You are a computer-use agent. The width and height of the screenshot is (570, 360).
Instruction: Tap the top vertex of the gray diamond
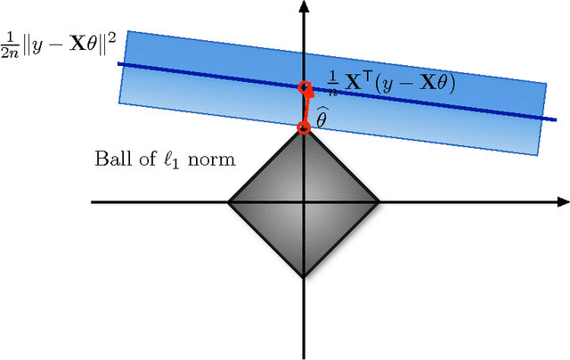304,127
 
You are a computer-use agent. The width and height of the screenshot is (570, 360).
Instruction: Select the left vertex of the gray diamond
228,202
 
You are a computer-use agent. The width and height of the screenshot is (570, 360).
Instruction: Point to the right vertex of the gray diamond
380,202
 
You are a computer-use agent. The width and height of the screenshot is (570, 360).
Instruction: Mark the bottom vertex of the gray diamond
304,277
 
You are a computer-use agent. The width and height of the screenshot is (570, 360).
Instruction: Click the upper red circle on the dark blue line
304,88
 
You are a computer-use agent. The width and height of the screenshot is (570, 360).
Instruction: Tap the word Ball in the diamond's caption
110,160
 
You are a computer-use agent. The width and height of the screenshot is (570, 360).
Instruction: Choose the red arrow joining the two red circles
304,108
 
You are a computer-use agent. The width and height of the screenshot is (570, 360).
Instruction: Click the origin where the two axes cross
304,202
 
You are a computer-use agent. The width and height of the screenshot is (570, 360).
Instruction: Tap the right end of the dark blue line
544,119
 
